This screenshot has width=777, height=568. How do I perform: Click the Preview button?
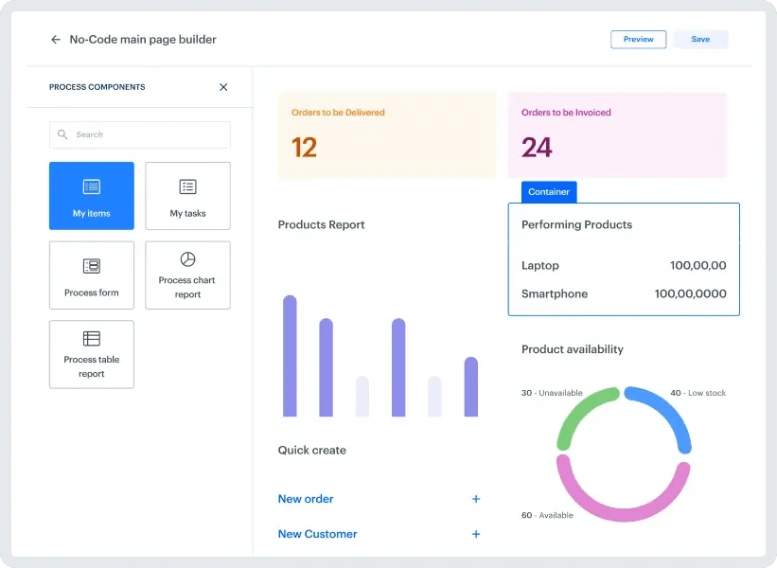[x=638, y=40]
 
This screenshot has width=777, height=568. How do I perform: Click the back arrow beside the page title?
[x=55, y=40]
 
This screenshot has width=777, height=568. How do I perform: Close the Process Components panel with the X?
[x=223, y=87]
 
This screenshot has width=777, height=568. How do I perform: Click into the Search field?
[x=140, y=134]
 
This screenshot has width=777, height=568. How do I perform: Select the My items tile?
[x=92, y=196]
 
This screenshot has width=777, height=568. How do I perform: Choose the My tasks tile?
[x=187, y=196]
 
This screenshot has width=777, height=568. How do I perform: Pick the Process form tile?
[x=92, y=275]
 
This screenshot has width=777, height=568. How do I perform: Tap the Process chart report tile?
[x=187, y=275]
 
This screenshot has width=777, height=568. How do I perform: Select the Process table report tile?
[x=92, y=354]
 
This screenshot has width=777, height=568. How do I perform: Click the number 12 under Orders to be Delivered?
[x=304, y=148]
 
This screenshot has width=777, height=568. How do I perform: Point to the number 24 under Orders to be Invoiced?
[x=537, y=148]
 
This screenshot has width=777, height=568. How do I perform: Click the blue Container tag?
[x=549, y=192]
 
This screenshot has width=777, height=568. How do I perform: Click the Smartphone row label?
[x=555, y=294]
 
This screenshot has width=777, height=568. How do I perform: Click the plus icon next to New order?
[x=476, y=499]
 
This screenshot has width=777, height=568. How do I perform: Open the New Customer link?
[x=317, y=534]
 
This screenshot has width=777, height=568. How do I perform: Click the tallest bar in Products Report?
[x=290, y=355]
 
